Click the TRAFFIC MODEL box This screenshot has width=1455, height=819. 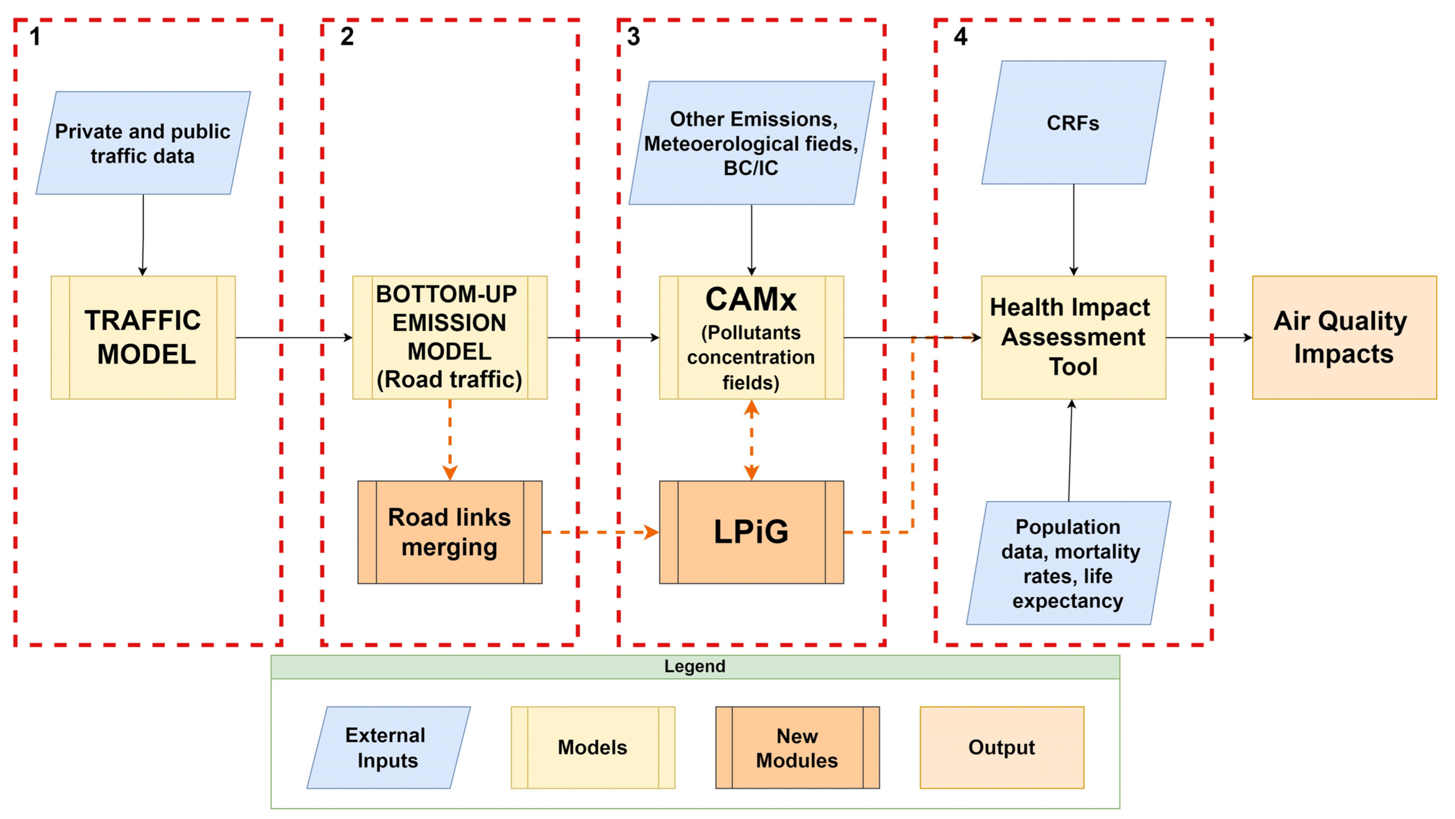coord(143,337)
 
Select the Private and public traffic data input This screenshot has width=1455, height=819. coord(143,143)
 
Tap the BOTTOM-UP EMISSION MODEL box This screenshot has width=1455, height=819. coord(450,337)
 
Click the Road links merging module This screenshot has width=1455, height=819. coord(450,532)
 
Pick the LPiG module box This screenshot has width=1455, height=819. coord(751,532)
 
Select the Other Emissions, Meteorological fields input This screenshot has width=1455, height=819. coord(751,143)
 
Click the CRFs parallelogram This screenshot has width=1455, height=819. coord(1073,122)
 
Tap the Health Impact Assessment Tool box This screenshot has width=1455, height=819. coord(1073,337)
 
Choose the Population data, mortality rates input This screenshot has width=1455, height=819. coord(1068,563)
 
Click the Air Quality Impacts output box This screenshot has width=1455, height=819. coord(1344,337)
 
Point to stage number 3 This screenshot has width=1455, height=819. coord(633,37)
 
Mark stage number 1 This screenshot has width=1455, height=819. coord(35,37)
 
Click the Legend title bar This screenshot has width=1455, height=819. coord(695,667)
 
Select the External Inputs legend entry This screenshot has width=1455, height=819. coord(388,747)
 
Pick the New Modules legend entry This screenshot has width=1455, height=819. coord(797,747)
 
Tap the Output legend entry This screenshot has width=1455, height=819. coord(1002,747)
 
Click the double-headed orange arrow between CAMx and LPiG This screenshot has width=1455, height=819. coord(751,440)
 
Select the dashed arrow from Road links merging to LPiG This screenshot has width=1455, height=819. coord(600,532)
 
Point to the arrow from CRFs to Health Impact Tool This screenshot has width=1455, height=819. coord(1073,230)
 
